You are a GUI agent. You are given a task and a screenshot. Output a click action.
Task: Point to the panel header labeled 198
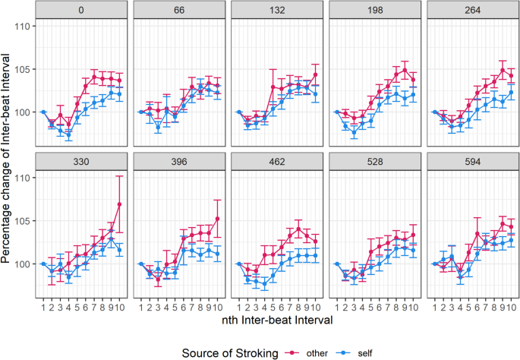(373, 11)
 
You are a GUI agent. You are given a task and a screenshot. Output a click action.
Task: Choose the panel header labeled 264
(471, 11)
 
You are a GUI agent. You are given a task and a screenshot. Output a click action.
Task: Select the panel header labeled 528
(373, 162)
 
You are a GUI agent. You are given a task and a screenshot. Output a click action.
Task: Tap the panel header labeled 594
(471, 162)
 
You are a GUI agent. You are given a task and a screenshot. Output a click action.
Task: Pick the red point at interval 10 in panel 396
(217, 219)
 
